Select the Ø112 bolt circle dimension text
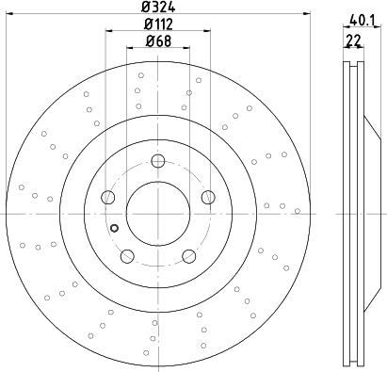point(156,24)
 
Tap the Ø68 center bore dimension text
point(156,40)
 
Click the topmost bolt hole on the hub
point(157,159)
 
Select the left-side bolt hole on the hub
point(107,197)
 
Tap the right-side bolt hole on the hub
point(207,196)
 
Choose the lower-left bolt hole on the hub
point(126,254)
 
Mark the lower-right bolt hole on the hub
point(188,254)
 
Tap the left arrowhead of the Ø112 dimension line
point(107,31)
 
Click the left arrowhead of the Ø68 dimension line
point(129,48)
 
